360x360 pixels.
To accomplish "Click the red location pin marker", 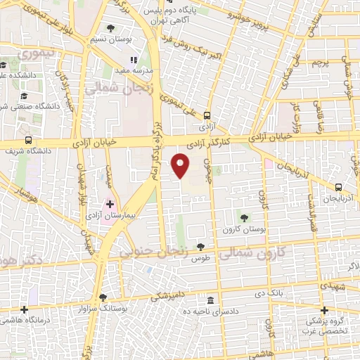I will pos(181,166).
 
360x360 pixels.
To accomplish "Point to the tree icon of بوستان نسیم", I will pos(111,28).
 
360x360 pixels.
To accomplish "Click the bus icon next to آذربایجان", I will pos(339,187).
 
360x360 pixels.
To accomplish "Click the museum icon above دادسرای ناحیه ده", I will pos(210,299).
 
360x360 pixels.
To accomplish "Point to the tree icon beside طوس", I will pos(201,246).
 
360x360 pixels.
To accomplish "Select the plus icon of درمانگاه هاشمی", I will pos(25,309).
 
